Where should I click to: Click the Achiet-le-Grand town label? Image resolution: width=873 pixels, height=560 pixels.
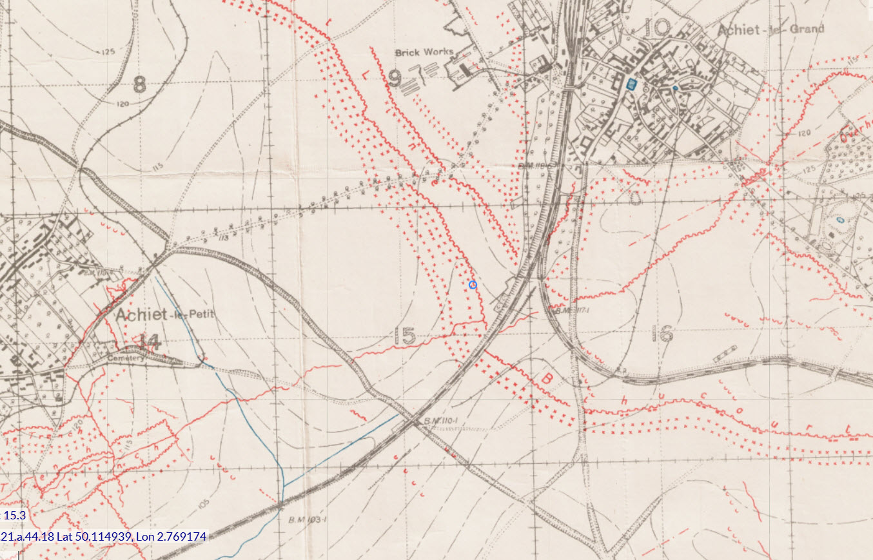point(770,28)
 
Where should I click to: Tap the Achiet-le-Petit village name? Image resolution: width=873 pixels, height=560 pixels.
point(164,314)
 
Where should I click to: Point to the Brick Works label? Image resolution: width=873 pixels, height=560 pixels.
point(424,52)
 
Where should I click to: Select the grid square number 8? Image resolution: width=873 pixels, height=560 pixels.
point(139,84)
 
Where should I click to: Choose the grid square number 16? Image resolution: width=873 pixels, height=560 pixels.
point(662,333)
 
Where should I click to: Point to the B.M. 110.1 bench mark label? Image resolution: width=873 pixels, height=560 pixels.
point(440,421)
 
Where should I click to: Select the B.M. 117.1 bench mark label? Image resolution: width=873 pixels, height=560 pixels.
point(573,311)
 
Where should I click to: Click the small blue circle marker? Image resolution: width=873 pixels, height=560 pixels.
point(473,284)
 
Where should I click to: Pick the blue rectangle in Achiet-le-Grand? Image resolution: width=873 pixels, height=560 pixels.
point(631,83)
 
